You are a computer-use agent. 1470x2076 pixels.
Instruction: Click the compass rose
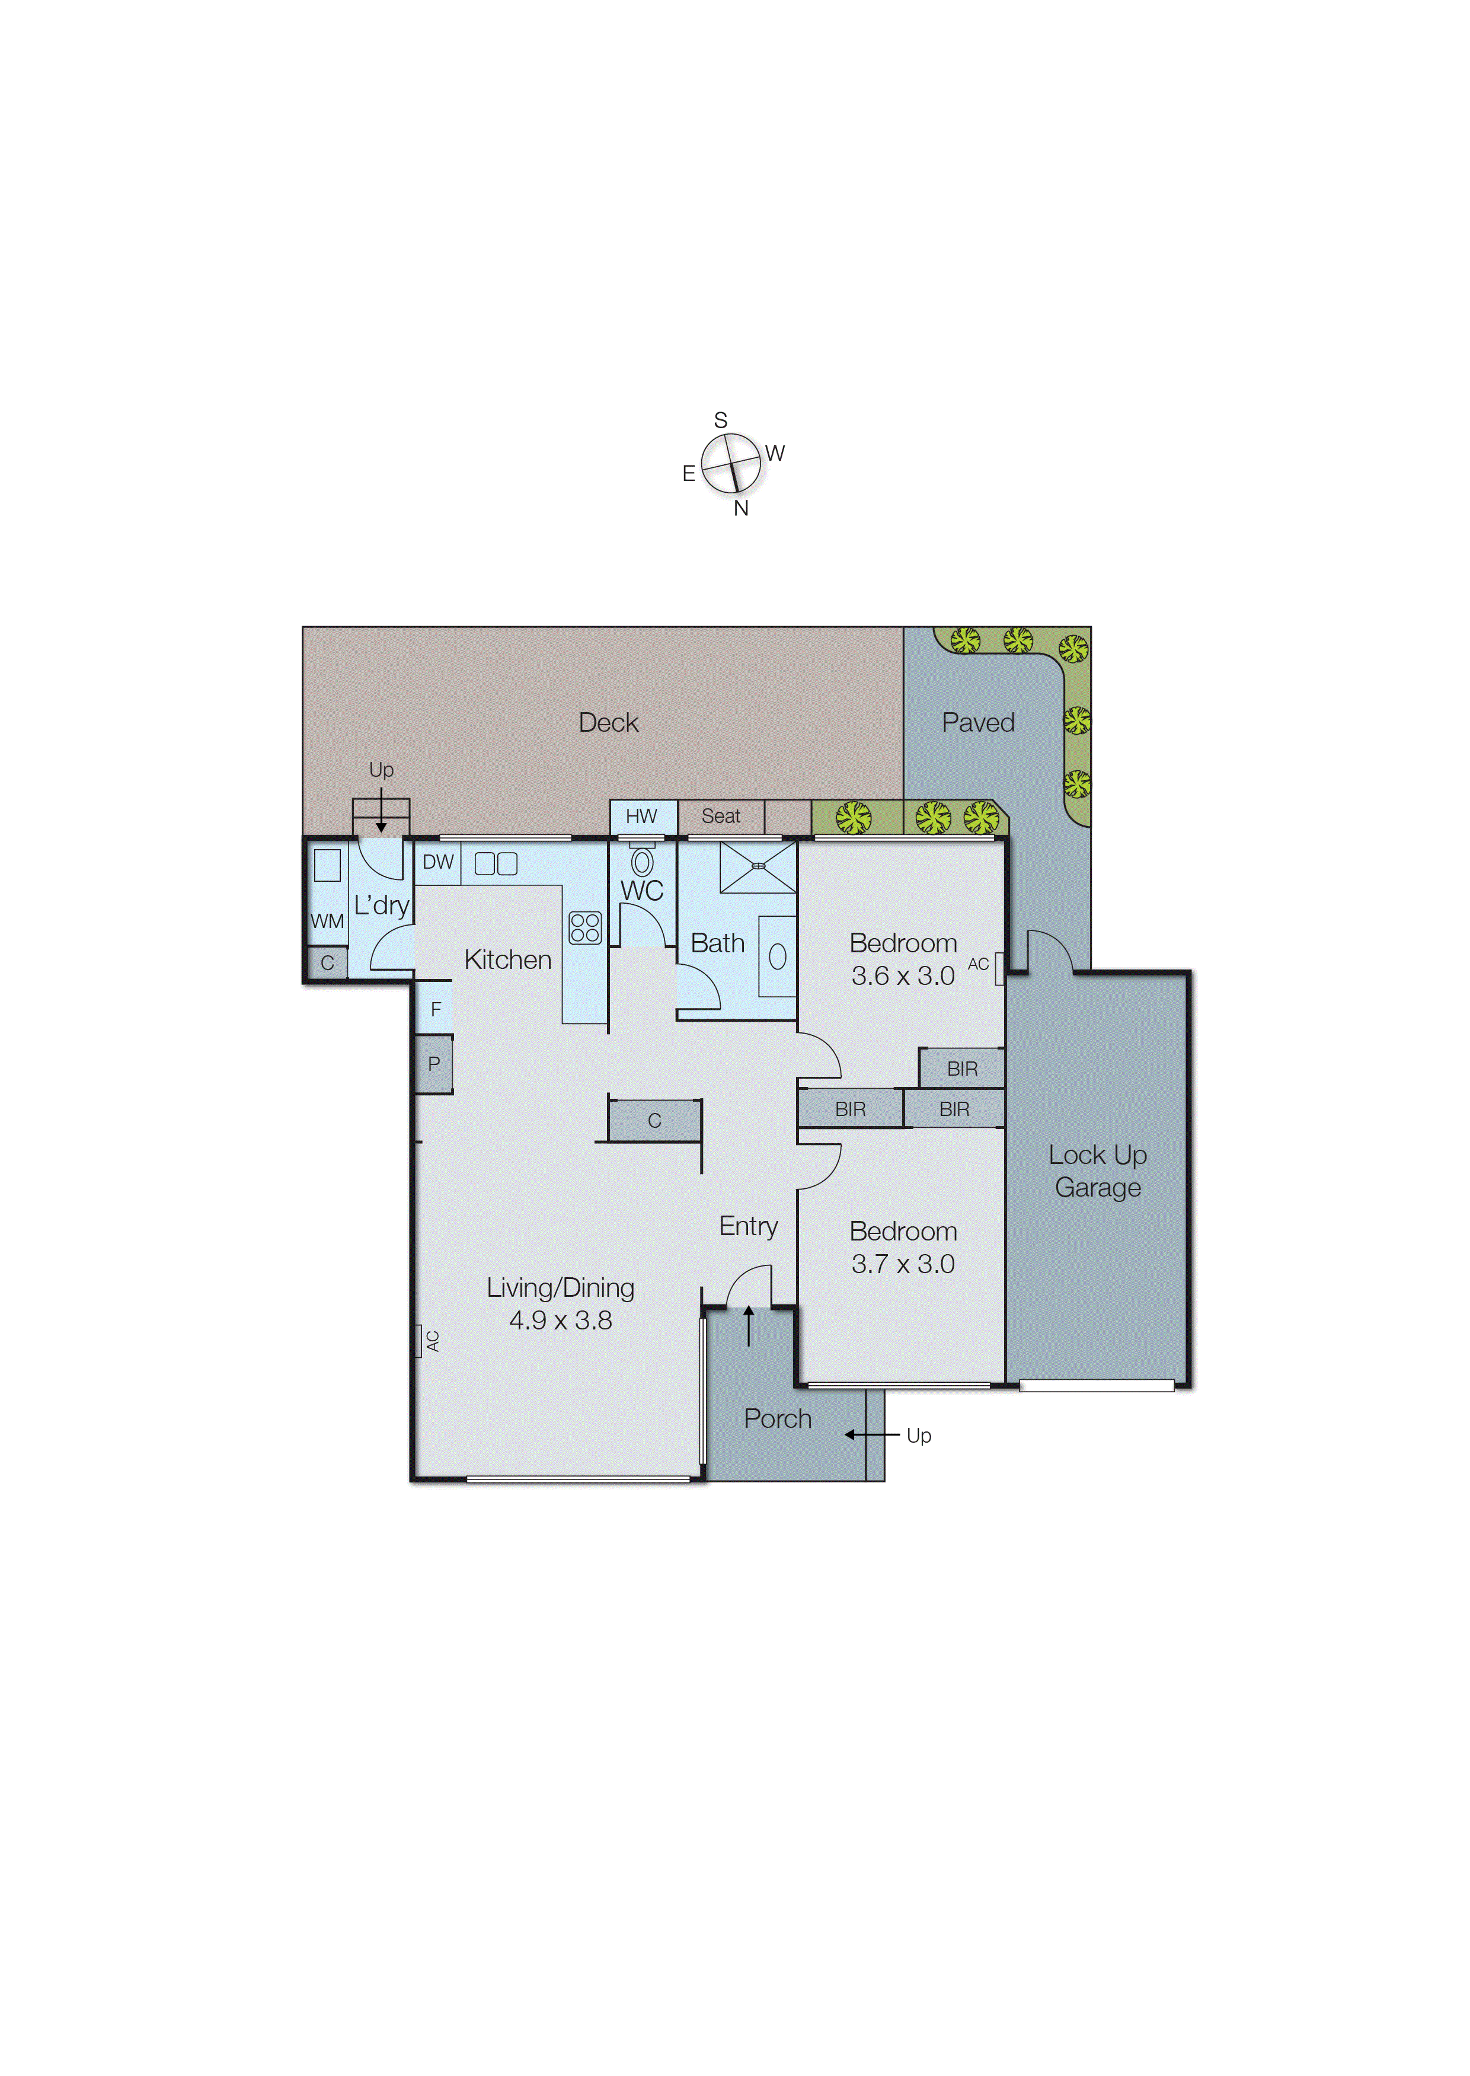pos(730,464)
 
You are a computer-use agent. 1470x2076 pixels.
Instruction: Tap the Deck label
pos(608,722)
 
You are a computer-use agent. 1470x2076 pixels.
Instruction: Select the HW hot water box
pos(642,816)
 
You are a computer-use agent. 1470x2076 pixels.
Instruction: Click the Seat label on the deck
pos(721,816)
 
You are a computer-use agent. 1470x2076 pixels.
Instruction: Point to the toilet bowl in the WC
pos(642,862)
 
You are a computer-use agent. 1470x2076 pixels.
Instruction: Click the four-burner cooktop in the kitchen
pos(585,928)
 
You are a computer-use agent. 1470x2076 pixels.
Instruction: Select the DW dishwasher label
pos(438,862)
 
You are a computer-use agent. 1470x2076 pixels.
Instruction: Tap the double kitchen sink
pos(496,864)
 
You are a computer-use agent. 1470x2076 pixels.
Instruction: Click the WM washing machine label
pos(327,921)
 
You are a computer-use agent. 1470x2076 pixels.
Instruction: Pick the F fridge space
pos(436,1009)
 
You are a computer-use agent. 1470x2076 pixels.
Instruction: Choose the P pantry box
pos(433,1064)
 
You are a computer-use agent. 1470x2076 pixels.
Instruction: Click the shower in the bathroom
pos(758,866)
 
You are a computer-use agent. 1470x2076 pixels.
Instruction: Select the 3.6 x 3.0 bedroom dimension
pos(903,976)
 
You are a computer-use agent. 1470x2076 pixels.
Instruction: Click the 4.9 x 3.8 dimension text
pos(560,1320)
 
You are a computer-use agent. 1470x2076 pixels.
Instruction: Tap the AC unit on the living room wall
pos(420,1341)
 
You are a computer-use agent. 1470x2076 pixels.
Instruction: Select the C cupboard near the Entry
pos(654,1121)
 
